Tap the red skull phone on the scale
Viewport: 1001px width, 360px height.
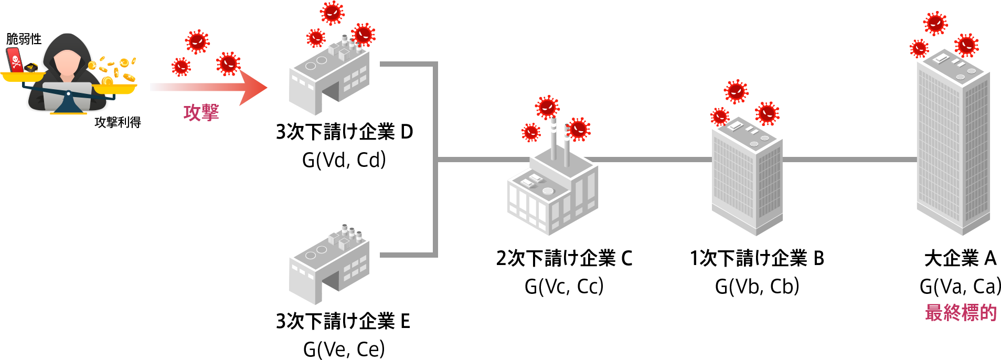[x=15, y=60]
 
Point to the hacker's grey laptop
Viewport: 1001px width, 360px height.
[x=67, y=97]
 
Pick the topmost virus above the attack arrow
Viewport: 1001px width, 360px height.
[x=197, y=41]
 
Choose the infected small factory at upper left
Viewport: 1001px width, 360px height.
[x=329, y=76]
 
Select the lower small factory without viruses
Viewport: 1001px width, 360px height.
[x=329, y=265]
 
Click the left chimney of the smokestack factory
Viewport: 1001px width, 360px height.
[x=553, y=139]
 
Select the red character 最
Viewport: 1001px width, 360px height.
[x=934, y=312]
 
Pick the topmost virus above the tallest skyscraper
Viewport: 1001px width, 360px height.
[x=935, y=23]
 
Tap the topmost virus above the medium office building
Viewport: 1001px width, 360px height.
[x=736, y=91]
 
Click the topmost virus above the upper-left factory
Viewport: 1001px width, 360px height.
[x=332, y=13]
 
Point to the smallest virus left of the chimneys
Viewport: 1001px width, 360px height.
[x=531, y=132]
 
